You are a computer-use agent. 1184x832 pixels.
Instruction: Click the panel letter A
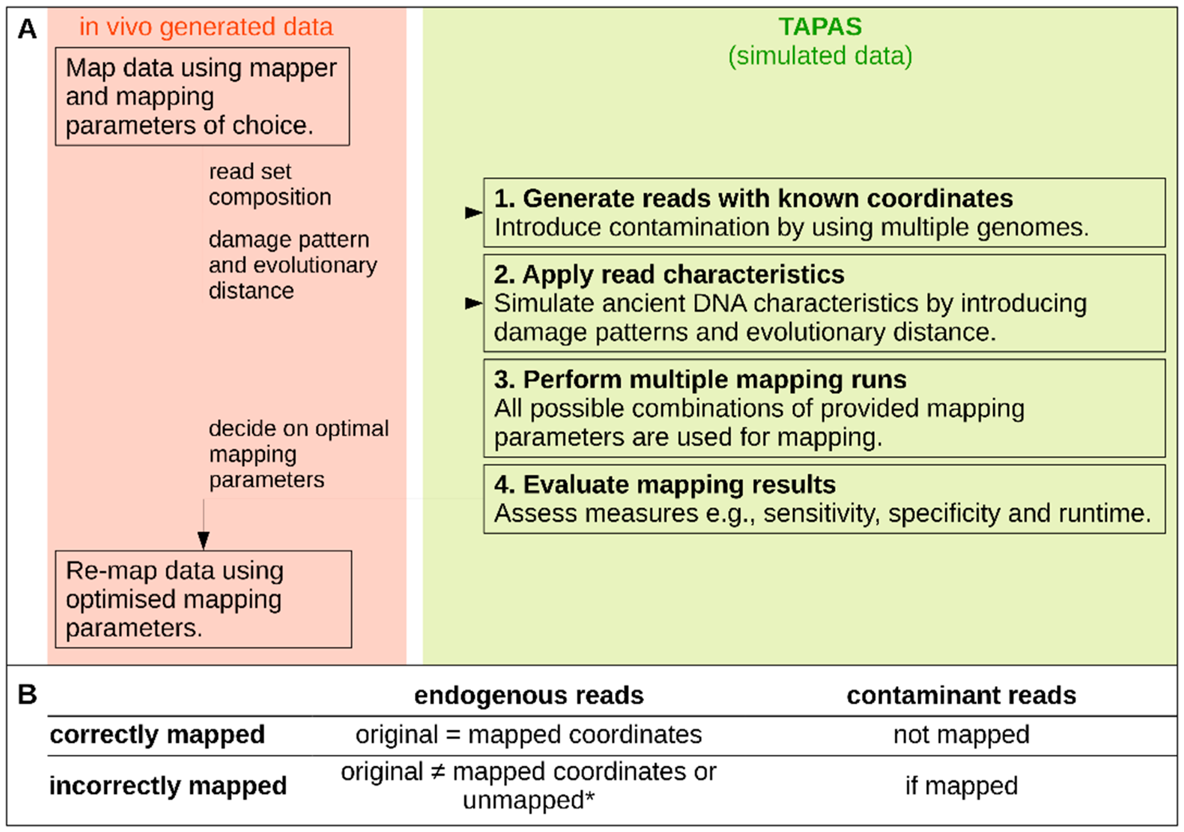tap(28, 29)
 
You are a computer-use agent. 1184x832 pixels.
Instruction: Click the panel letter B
tap(28, 695)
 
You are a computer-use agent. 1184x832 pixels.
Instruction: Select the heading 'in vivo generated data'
tap(206, 27)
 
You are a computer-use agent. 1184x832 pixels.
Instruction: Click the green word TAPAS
tap(820, 27)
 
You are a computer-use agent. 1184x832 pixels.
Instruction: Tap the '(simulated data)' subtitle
tap(820, 56)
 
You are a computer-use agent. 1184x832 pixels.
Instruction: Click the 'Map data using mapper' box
tap(202, 97)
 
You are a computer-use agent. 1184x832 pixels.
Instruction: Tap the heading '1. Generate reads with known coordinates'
tap(753, 199)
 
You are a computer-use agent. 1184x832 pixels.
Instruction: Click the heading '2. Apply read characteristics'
tap(669, 275)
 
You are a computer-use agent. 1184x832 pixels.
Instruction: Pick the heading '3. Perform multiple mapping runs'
tap(700, 380)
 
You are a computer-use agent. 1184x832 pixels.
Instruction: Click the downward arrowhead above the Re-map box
tap(204, 540)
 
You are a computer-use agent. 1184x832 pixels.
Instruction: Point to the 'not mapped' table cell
tap(961, 735)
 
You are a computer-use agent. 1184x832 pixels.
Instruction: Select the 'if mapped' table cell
tap(961, 786)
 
